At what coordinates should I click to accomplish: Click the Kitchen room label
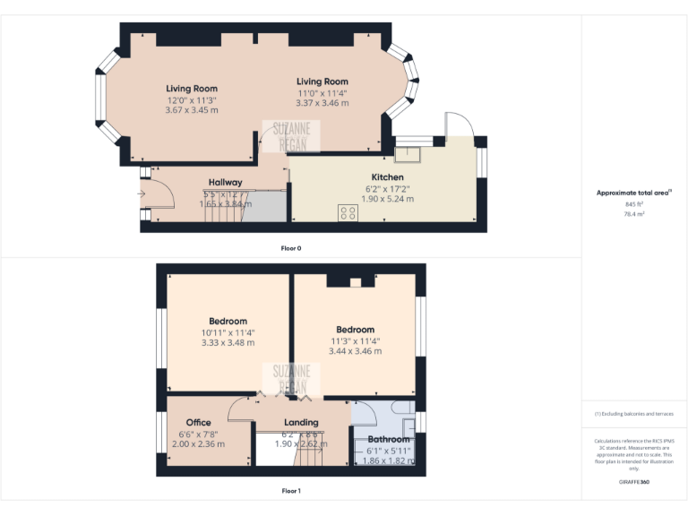387,177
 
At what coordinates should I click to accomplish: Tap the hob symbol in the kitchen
348,213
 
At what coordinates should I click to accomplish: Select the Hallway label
225,183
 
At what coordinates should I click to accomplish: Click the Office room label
198,423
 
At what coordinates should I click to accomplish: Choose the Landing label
301,423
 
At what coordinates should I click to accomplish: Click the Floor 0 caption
291,247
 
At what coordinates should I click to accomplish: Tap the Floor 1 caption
291,491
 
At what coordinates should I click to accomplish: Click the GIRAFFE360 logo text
634,483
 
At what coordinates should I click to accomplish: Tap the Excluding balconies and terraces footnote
634,414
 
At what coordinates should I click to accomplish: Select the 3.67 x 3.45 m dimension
192,110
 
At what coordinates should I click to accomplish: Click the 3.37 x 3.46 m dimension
322,103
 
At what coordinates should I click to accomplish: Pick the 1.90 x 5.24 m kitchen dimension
387,199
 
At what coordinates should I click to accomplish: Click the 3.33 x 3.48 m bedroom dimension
228,343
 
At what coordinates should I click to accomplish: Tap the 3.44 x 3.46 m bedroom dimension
355,351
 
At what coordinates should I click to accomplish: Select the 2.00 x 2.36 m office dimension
198,444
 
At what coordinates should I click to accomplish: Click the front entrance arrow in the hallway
141,192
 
